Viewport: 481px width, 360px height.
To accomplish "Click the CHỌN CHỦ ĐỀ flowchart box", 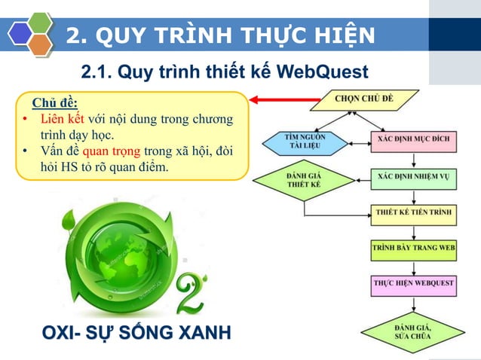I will [x=364, y=100].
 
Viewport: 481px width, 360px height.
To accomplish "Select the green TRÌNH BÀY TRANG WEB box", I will [x=413, y=247].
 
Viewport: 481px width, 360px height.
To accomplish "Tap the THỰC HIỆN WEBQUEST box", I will [x=413, y=283].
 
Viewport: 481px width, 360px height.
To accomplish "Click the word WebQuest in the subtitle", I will [x=323, y=72].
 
